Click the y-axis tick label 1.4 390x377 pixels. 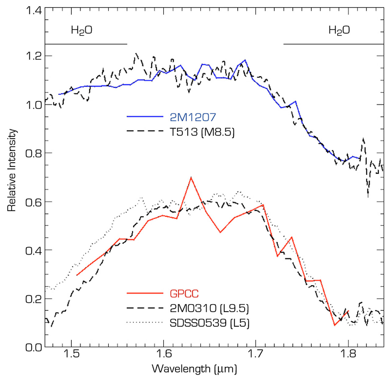pos(33,10)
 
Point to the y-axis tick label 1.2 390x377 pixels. pos(33,56)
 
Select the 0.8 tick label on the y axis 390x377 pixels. pos(33,153)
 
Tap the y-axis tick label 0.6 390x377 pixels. pos(33,202)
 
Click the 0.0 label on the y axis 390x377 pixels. pos(33,347)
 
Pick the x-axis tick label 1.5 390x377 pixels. pos(71,354)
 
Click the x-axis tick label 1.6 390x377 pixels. pos(164,354)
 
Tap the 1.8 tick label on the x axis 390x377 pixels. pos(348,354)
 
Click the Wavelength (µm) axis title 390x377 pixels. pos(194,369)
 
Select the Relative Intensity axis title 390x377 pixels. pos(12,170)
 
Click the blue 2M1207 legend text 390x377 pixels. pos(193,117)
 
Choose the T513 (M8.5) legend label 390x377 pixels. pos(202,132)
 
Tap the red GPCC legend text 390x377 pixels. pos(184,294)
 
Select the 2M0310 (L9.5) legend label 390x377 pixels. pos(209,308)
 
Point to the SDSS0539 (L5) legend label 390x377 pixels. pos(209,323)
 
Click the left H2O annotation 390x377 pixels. pos(81,30)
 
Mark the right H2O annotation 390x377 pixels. pos(339,30)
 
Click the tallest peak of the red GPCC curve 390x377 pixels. pos(191,177)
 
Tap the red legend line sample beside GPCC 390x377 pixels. pos(145,293)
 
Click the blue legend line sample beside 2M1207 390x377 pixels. pos(145,116)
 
